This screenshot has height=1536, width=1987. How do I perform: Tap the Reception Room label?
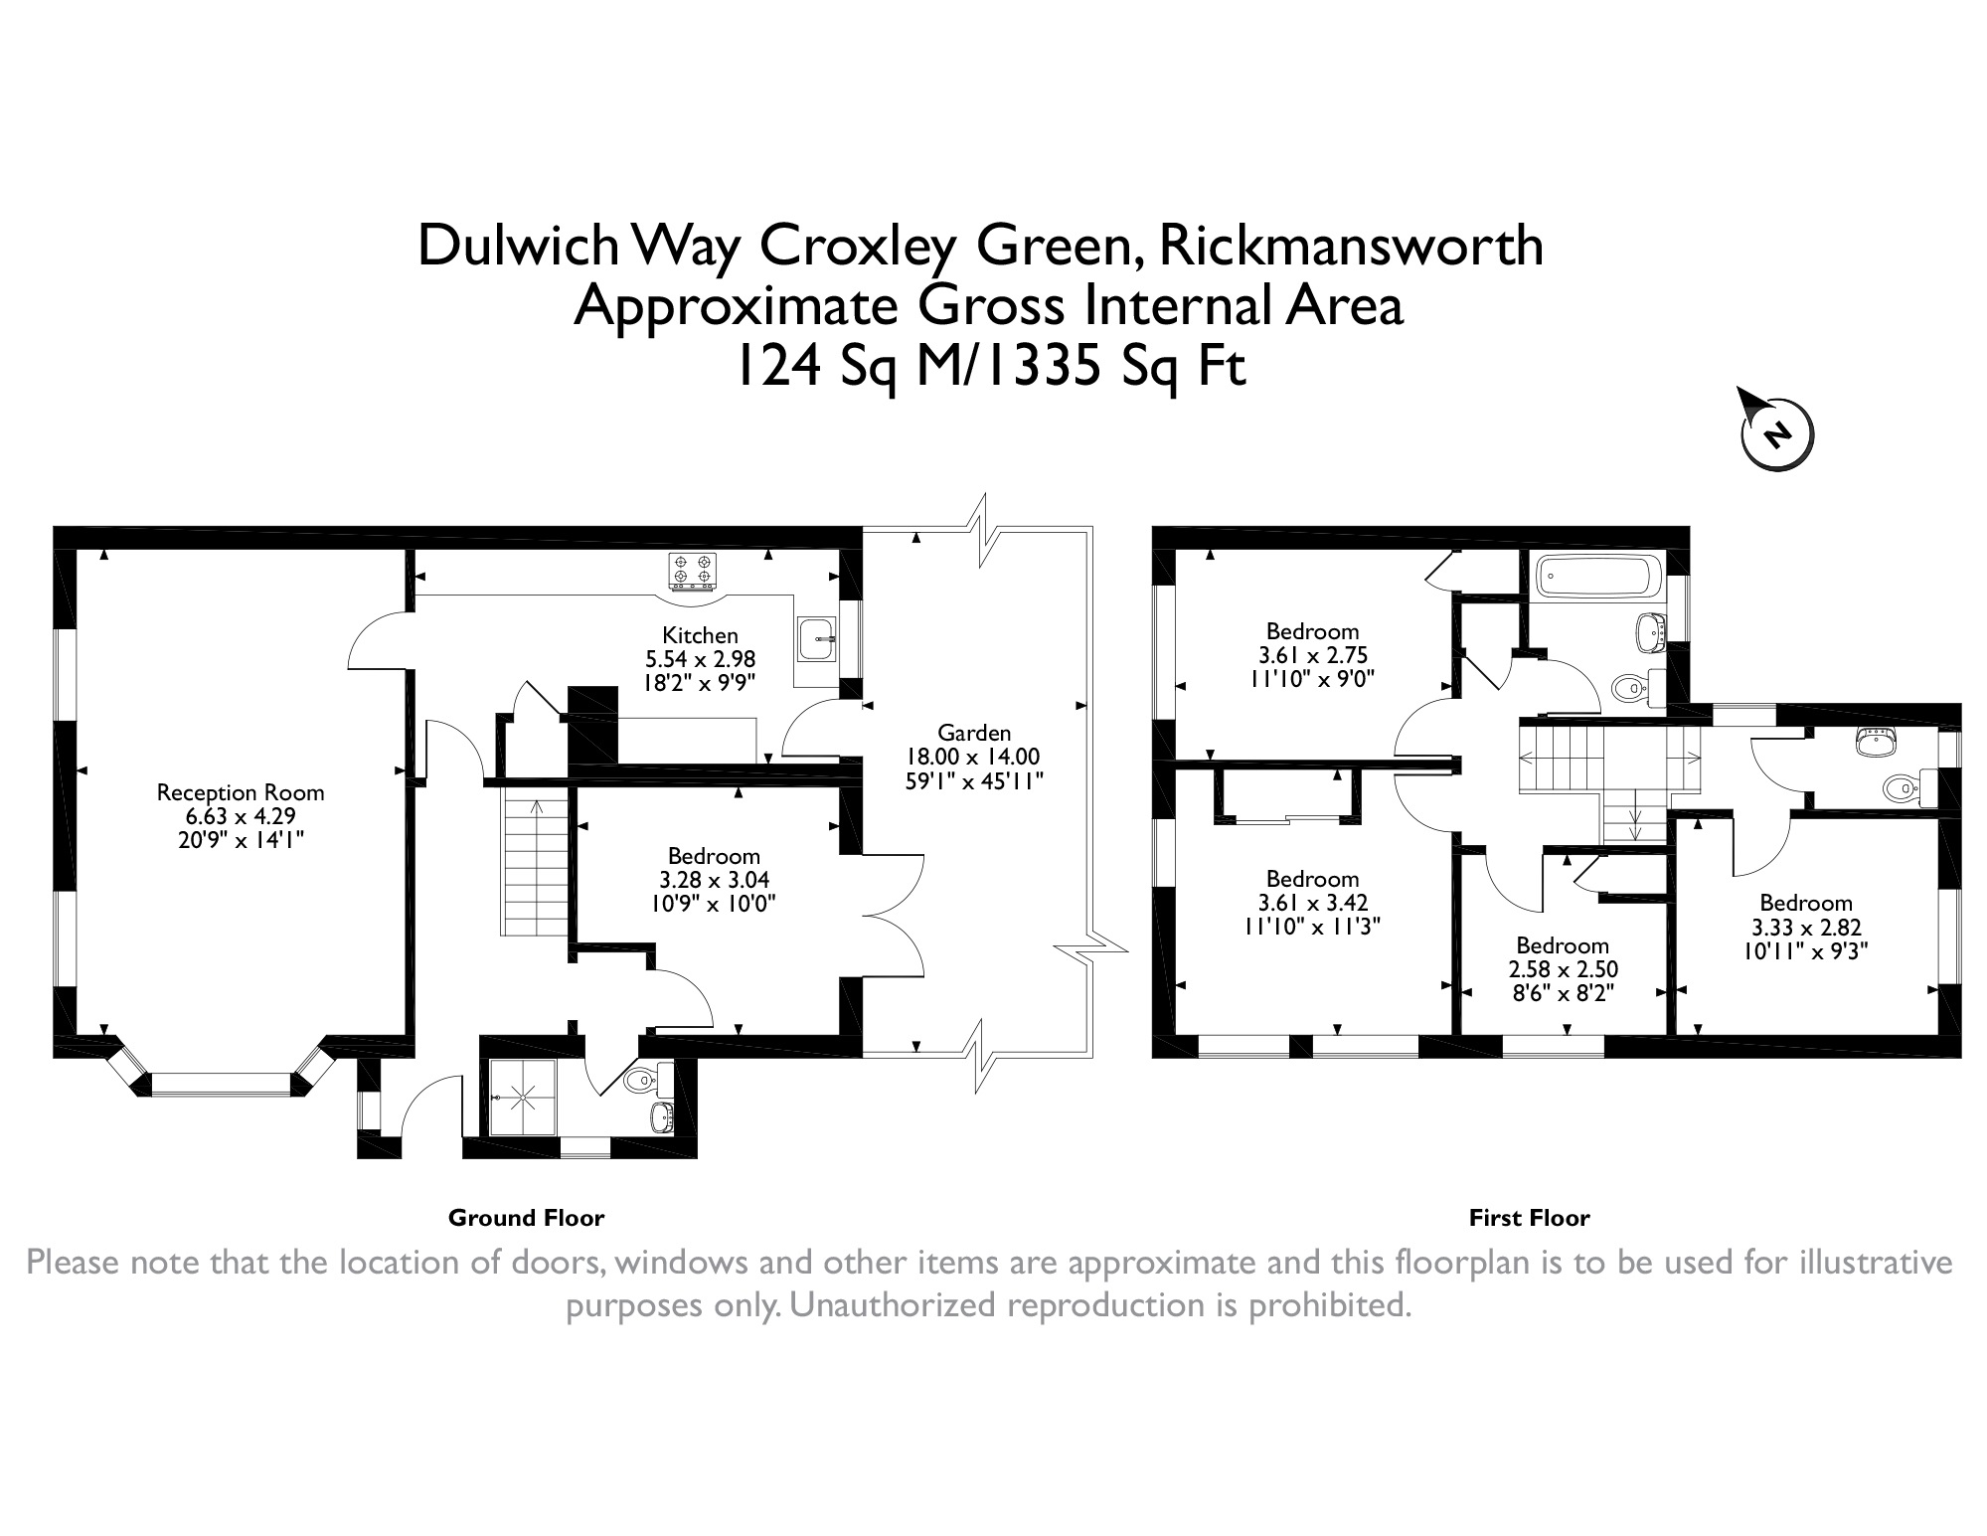tap(241, 792)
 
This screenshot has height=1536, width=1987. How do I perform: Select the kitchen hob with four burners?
tap(693, 569)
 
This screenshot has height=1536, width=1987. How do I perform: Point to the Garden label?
tap(974, 733)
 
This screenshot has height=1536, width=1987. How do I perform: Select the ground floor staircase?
tap(536, 863)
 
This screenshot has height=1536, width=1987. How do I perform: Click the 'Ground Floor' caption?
tap(526, 1218)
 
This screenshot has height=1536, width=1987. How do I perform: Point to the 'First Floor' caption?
tap(1529, 1218)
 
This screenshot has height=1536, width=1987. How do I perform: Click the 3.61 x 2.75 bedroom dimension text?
tap(1312, 656)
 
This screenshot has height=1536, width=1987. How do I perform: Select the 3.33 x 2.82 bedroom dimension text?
tap(1806, 928)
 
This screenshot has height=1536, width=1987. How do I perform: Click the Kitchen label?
tap(701, 635)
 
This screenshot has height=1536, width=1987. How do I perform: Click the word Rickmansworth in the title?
tap(1351, 245)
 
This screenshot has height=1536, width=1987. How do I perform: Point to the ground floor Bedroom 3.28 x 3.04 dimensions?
tap(714, 880)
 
